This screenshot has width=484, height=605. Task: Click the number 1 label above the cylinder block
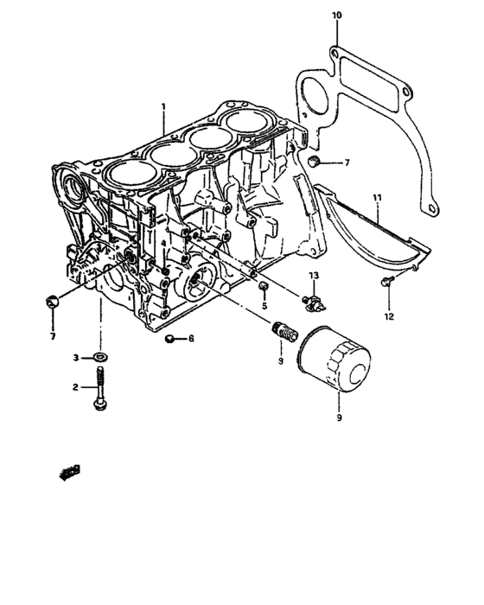coord(162,108)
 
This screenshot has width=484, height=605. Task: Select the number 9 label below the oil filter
coord(339,418)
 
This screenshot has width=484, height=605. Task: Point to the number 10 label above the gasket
coord(336,15)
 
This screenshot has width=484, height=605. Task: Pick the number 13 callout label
coord(315,275)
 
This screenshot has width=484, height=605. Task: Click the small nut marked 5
coord(264,286)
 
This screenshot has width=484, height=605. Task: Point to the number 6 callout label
coord(191,338)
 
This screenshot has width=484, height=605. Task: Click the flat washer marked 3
coord(103,356)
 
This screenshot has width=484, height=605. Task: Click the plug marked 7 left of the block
coord(52,301)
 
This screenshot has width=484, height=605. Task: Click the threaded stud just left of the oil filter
coord(282,329)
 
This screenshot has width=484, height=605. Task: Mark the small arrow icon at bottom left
coord(68,471)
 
